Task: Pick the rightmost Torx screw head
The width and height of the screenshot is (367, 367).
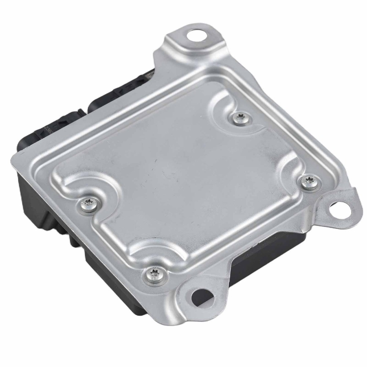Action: click(306, 181)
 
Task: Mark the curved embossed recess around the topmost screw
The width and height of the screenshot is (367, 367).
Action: click(224, 110)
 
